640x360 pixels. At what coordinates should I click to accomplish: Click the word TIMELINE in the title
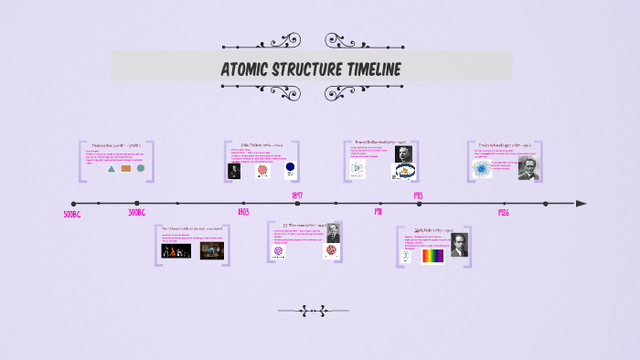(365, 70)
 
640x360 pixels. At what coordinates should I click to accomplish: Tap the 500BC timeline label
(73, 215)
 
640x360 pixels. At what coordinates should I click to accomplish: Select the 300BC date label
(137, 212)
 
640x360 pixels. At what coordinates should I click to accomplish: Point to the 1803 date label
(242, 212)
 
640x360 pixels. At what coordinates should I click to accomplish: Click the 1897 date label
(297, 196)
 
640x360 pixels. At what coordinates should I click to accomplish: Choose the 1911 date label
(377, 212)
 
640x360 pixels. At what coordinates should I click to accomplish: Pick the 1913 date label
(417, 196)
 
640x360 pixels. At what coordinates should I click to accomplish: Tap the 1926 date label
(503, 212)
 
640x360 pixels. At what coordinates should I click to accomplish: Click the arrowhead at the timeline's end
(581, 204)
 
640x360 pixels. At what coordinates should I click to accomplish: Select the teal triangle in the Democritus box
(112, 169)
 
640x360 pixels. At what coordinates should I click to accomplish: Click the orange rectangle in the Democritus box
(126, 169)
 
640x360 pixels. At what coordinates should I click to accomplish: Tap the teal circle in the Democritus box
(141, 168)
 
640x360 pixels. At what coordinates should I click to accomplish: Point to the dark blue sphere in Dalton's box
(290, 168)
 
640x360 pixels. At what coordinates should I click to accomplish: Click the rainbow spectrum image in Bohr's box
(432, 256)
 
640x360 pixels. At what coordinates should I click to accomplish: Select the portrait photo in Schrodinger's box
(528, 167)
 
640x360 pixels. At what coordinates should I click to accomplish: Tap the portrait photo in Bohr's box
(459, 245)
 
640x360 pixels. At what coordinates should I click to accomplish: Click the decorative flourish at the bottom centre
(315, 312)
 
